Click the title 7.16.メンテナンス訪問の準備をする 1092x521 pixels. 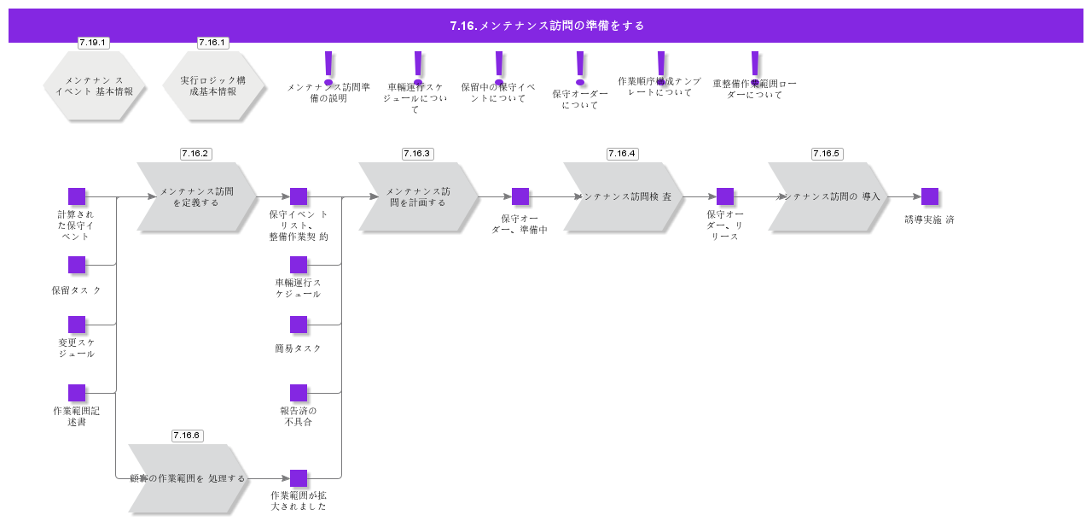pos(546,26)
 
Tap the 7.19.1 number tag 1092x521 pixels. pos(93,43)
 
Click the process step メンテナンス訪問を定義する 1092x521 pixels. pos(196,197)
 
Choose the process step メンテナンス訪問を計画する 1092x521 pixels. pos(418,197)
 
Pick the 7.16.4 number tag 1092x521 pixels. pos(622,154)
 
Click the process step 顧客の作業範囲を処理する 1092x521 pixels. pos(188,478)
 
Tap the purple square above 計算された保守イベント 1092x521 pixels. pos(77,196)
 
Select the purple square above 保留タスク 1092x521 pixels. pos(77,265)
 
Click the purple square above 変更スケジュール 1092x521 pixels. pos(77,325)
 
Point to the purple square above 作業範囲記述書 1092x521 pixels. pos(77,393)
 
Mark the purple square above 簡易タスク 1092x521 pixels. pos(299,325)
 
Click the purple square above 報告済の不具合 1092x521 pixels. pos(299,393)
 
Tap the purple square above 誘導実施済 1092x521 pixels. pos(930,196)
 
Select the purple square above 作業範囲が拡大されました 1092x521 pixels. pos(299,478)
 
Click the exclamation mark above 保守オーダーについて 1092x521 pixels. pos(580,67)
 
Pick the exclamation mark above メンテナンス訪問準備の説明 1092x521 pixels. pos(328,67)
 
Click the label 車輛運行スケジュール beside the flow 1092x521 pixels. pos(298,288)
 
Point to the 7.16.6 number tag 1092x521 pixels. pos(186,436)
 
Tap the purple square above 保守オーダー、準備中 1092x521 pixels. pos(520,196)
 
